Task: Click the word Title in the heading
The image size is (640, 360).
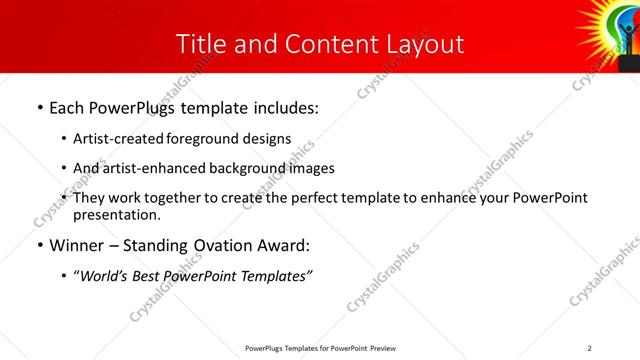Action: [200, 44]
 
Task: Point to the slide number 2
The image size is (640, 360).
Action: [589, 348]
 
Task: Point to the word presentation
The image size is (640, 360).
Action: [116, 215]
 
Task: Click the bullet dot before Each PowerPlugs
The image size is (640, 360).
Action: [39, 108]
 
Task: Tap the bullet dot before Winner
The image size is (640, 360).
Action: [39, 245]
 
